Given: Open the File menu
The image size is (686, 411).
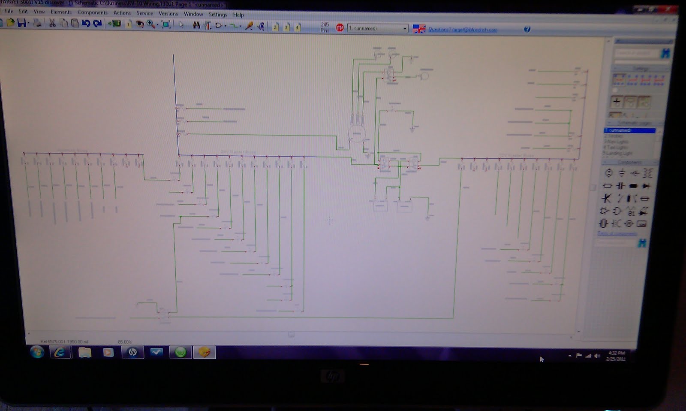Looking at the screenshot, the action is [9, 11].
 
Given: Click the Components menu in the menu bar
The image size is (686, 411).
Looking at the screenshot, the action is [92, 12].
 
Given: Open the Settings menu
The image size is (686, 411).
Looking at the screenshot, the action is [218, 14].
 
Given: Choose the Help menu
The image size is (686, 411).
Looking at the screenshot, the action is [238, 15].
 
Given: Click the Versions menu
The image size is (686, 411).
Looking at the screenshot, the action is [168, 13].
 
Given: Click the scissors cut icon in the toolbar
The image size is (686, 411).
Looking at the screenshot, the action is [52, 23].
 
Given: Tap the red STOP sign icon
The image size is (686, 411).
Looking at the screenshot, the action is [340, 28].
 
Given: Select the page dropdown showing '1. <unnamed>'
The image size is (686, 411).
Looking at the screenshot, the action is [377, 28].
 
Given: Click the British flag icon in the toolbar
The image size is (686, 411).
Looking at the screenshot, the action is [419, 29].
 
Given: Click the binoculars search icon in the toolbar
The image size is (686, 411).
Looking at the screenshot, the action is [196, 25].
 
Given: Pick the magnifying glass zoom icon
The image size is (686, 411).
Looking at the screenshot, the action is [150, 24].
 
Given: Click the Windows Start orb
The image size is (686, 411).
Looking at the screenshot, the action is [37, 352].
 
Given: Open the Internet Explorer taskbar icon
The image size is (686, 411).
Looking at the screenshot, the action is [60, 352].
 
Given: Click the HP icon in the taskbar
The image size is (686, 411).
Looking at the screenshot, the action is [132, 352].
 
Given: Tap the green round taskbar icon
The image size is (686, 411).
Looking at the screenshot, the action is [181, 352].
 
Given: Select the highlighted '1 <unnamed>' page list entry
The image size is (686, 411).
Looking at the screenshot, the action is [629, 130].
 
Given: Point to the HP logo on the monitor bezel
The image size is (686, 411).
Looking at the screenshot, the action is [332, 377].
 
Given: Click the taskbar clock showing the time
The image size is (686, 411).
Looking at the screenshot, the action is [616, 356].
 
